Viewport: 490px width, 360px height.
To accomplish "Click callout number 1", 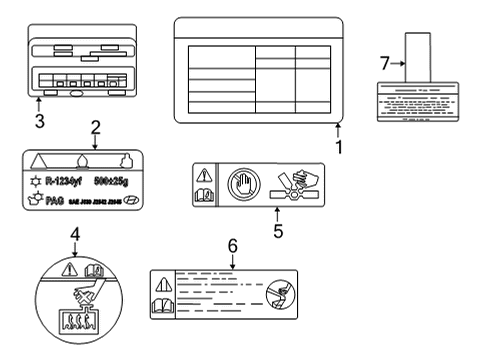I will [x=338, y=147].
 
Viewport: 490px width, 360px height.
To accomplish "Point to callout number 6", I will [x=232, y=245].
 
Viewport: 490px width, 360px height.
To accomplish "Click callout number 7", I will [x=384, y=64].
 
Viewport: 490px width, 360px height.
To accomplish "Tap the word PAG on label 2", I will [x=55, y=200].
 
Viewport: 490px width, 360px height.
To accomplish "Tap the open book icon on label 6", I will [x=163, y=307].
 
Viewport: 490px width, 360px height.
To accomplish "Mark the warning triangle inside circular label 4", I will [x=69, y=268].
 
